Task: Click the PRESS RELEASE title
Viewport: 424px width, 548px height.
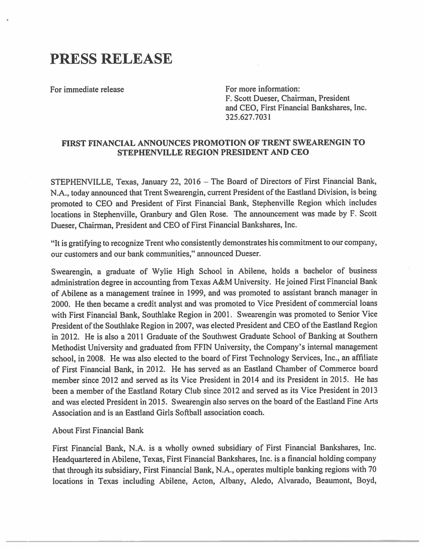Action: click(x=111, y=58)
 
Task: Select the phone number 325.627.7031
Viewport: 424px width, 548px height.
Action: click(x=248, y=117)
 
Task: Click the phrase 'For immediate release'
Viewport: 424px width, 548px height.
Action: click(x=87, y=90)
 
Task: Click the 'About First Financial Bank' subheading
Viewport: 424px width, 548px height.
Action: click(x=98, y=430)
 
